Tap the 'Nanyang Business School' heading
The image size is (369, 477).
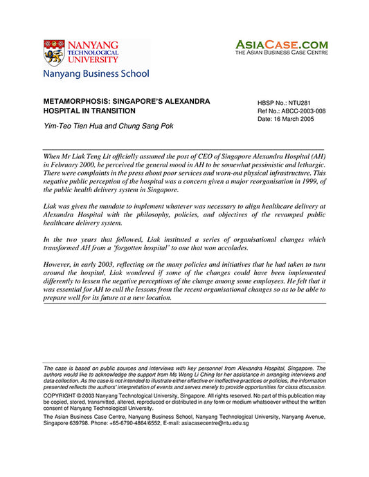(96, 73)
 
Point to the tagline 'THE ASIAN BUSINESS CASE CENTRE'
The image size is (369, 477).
(282, 53)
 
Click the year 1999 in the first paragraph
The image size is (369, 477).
(302, 182)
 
